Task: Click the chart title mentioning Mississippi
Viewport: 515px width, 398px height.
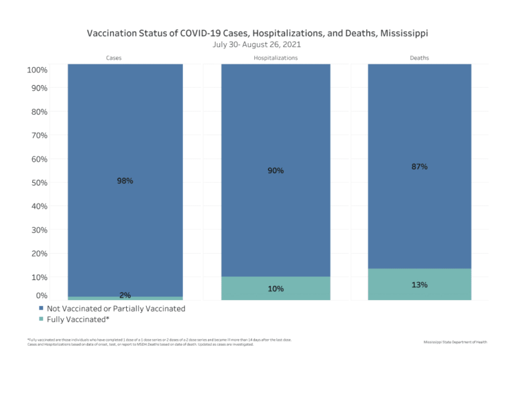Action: pos(257,32)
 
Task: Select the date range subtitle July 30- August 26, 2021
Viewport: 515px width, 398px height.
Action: pos(257,44)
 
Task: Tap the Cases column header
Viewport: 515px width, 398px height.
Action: pos(114,58)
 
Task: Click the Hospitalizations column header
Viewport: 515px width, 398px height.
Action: pos(276,58)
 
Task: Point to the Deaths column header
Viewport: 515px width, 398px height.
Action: pos(419,58)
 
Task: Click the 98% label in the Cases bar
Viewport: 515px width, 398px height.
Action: pos(125,181)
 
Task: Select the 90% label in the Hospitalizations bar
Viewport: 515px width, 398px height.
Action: pos(276,170)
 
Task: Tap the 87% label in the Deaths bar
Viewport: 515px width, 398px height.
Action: pos(420,166)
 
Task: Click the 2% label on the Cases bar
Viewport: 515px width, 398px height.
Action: pos(125,295)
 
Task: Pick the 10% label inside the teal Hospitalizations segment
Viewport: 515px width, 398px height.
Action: pos(276,289)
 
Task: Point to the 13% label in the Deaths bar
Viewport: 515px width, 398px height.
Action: pos(420,285)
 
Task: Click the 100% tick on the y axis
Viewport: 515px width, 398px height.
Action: pos(37,70)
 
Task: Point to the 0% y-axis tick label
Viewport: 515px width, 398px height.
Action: pos(41,295)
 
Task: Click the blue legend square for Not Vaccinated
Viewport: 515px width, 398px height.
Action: pos(42,309)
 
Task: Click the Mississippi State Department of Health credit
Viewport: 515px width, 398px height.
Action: pos(455,342)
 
